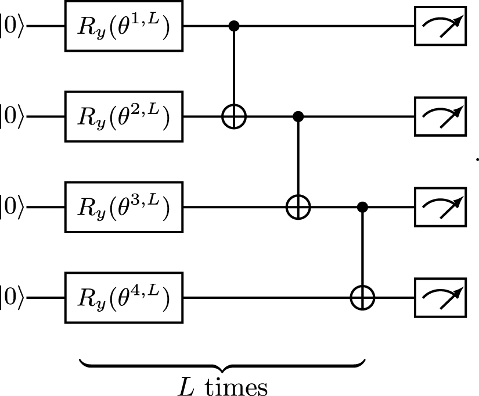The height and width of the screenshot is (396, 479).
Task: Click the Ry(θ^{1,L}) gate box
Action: (124, 27)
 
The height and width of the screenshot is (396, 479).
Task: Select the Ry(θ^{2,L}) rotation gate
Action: (124, 117)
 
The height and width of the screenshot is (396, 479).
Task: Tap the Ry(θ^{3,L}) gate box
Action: (124, 207)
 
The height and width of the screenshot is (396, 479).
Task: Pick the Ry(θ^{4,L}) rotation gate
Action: (124, 298)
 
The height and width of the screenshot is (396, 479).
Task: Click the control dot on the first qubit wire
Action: (234, 26)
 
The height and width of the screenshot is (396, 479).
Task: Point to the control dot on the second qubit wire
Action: (298, 116)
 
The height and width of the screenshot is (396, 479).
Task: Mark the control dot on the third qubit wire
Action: (363, 206)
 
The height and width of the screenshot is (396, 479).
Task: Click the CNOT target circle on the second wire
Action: (234, 117)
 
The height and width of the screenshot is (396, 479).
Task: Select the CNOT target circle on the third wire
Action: (298, 207)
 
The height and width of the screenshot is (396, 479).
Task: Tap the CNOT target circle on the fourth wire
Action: (363, 298)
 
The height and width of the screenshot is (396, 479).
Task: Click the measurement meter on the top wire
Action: (440, 27)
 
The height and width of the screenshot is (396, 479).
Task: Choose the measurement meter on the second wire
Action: (440, 117)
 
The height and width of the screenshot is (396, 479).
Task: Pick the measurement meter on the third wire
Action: (440, 207)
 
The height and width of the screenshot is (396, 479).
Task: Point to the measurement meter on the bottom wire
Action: (440, 298)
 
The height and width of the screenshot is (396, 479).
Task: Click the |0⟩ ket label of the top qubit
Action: (12, 27)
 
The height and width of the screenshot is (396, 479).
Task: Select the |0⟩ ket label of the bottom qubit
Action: (12, 298)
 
